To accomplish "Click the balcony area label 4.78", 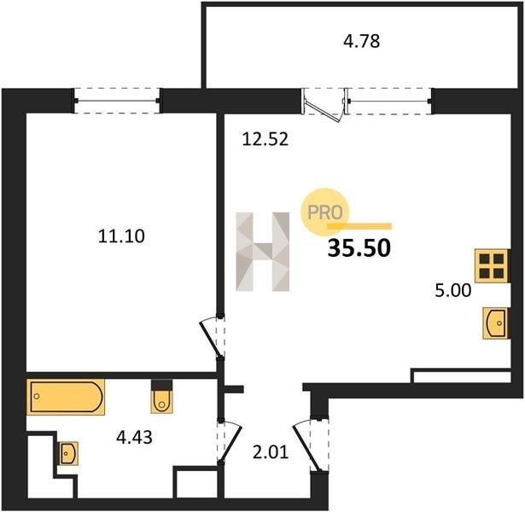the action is pyautogui.click(x=362, y=42).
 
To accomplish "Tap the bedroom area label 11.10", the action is pyautogui.click(x=121, y=236).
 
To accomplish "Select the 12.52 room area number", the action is pyautogui.click(x=265, y=139).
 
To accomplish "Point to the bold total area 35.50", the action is pyautogui.click(x=359, y=248).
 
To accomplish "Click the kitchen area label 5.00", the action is pyautogui.click(x=452, y=290).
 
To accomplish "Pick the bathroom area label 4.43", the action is pyautogui.click(x=134, y=437).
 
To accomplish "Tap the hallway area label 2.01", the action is pyautogui.click(x=271, y=452).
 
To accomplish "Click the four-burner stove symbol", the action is pyautogui.click(x=492, y=265).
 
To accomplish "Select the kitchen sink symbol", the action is pyautogui.click(x=496, y=323).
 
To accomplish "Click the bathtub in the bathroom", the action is pyautogui.click(x=66, y=397).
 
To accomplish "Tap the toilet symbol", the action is pyautogui.click(x=161, y=397).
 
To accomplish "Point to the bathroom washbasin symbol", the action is pyautogui.click(x=68, y=453).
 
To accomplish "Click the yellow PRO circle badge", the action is pyautogui.click(x=324, y=212).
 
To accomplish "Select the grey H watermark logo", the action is pyautogui.click(x=263, y=252).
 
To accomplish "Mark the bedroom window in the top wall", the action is pyautogui.click(x=117, y=101).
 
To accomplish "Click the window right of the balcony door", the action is pyautogui.click(x=388, y=101).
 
